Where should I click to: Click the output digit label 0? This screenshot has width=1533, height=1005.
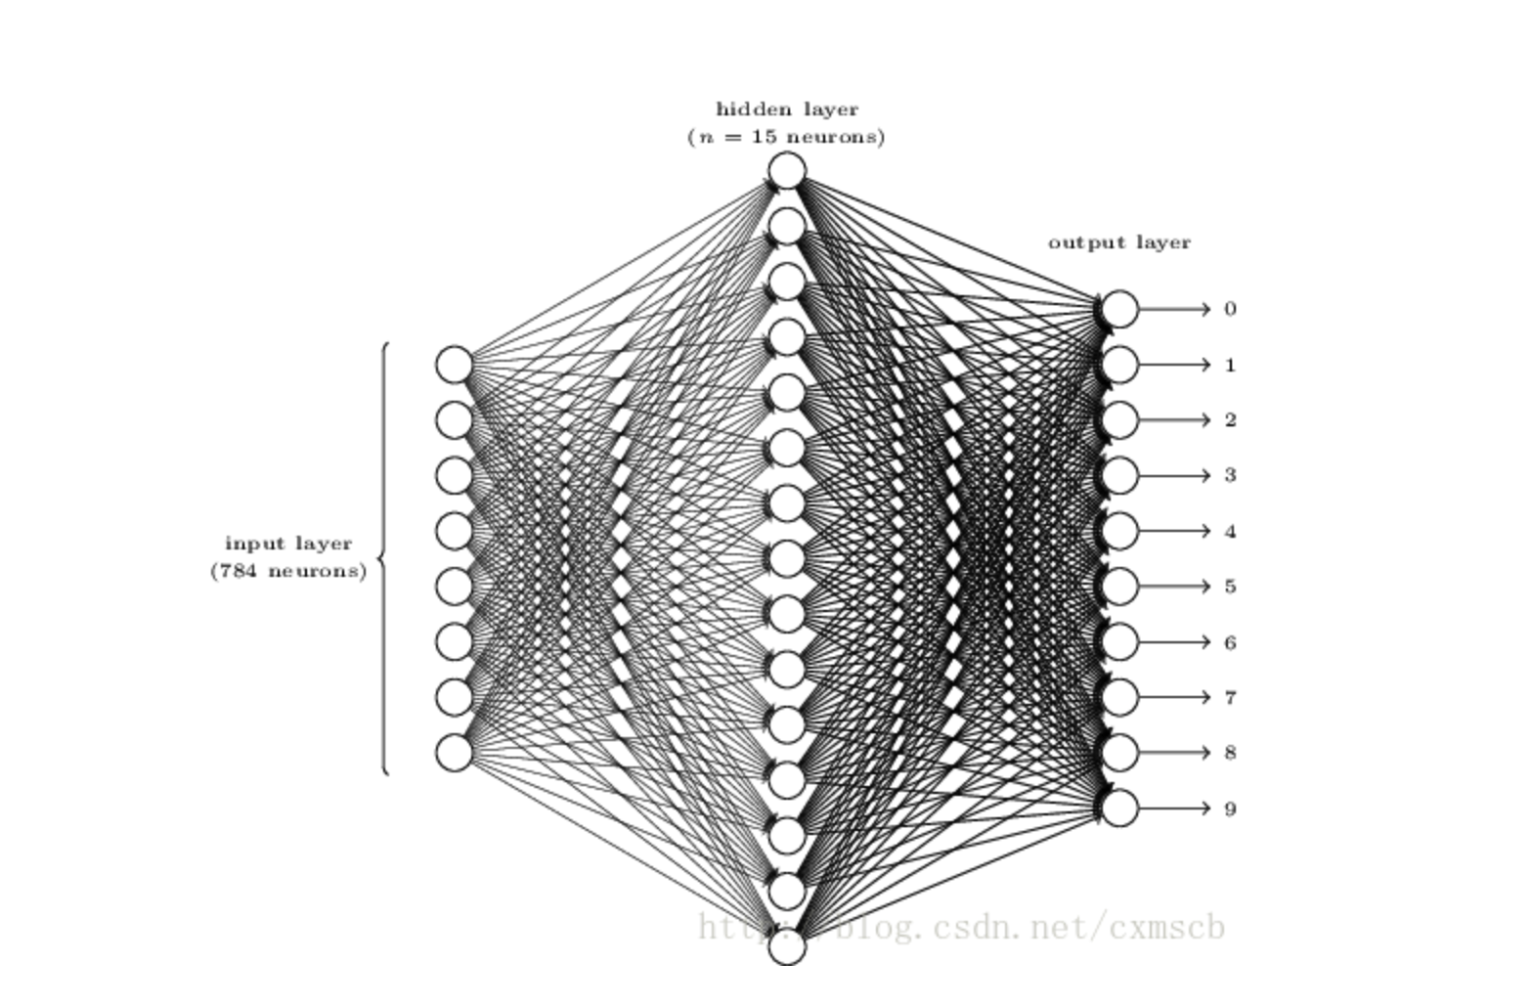point(1231,309)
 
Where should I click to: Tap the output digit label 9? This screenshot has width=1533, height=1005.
point(1231,809)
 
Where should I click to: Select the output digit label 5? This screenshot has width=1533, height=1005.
point(1231,587)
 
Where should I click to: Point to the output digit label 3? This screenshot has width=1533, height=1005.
point(1231,475)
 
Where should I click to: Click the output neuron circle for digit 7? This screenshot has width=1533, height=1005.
point(1119,698)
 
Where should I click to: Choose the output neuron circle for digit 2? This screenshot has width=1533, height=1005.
point(1119,420)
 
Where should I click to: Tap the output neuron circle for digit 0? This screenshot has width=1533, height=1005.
point(1119,309)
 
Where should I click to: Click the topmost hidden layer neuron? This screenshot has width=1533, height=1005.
point(787,170)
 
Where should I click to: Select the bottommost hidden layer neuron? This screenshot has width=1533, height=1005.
point(787,947)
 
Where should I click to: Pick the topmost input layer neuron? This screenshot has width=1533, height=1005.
point(455,365)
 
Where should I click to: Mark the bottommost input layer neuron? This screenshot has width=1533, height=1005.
point(455,753)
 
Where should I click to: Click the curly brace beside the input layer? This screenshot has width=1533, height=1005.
point(384,559)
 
